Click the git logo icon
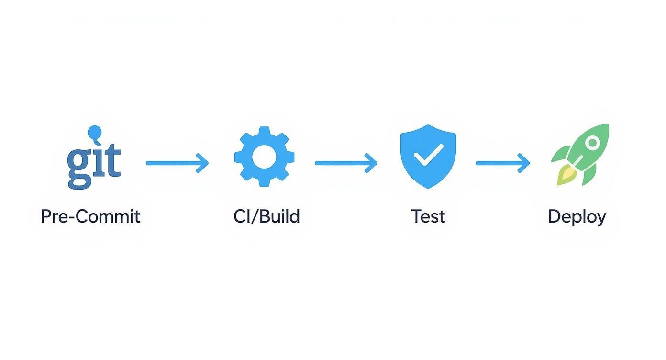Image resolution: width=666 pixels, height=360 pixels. click(x=94, y=160)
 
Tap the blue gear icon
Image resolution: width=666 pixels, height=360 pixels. click(x=264, y=157)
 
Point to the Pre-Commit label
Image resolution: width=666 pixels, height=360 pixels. click(x=90, y=216)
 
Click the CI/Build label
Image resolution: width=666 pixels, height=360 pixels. click(x=266, y=216)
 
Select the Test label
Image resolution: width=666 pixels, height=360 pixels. click(x=428, y=216)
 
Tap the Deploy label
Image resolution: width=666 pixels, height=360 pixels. click(x=577, y=216)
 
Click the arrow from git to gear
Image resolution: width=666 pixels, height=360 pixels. click(x=177, y=163)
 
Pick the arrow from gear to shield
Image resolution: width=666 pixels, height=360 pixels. click(x=346, y=163)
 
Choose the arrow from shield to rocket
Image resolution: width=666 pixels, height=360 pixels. click(x=502, y=163)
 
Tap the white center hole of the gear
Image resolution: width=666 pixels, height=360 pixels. click(x=264, y=157)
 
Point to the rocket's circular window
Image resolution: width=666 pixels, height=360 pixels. click(x=592, y=142)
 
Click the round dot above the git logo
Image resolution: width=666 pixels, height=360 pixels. click(x=95, y=131)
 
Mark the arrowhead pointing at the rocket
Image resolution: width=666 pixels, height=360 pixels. click(x=524, y=163)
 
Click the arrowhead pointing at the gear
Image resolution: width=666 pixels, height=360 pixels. click(x=203, y=163)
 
